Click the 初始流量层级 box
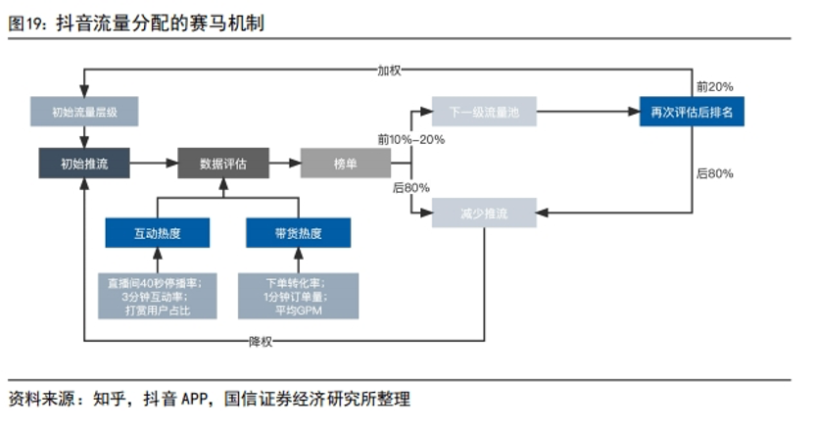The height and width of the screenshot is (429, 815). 84,112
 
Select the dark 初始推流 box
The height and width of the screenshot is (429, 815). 84,163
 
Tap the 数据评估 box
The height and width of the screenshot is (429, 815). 223,163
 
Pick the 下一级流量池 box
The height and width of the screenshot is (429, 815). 484,112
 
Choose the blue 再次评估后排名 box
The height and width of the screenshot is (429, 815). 692,112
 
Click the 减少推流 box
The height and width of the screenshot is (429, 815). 484,212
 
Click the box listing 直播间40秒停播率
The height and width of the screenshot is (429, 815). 158,297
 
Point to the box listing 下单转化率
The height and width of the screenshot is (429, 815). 298,297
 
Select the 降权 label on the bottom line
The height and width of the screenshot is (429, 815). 260,341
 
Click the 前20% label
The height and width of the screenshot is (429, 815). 714,86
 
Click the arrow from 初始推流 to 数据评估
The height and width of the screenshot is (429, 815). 154,163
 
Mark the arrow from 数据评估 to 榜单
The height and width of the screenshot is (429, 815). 284,163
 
